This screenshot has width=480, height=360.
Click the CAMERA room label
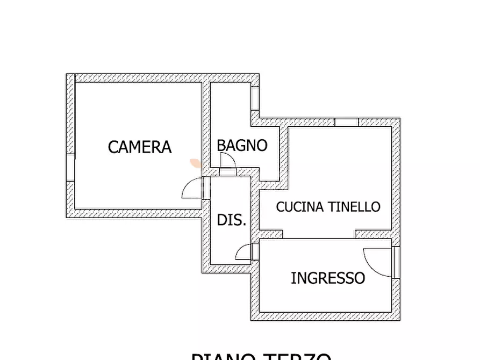pyautogui.click(x=140, y=147)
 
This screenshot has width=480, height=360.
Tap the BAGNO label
pyautogui.click(x=242, y=145)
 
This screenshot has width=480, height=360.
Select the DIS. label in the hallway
pyautogui.click(x=232, y=220)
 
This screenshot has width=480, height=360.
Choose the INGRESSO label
pyautogui.click(x=328, y=278)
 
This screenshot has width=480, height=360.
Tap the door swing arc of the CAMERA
pyautogui.click(x=191, y=188)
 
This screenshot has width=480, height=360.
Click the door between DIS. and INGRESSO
pyautogui.click(x=244, y=252)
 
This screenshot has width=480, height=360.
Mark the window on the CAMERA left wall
pyautogui.click(x=70, y=168)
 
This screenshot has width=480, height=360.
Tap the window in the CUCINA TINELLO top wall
pyautogui.click(x=346, y=123)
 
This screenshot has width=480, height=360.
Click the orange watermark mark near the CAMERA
pyautogui.click(x=195, y=163)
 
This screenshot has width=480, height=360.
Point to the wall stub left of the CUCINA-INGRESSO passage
pyautogui.click(x=271, y=234)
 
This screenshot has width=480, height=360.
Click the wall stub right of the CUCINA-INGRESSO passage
pyautogui.click(x=373, y=234)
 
